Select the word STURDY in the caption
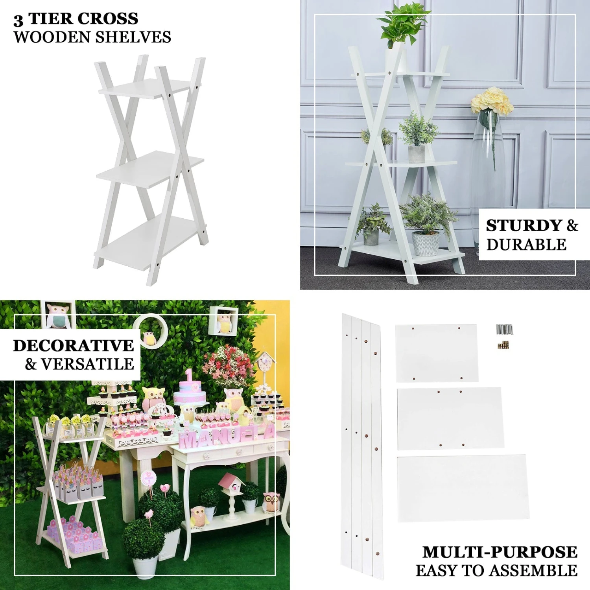[x=524, y=226]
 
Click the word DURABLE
[x=526, y=245]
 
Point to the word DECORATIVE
[x=74, y=346]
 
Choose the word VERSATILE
[x=88, y=364]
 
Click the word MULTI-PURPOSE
[x=500, y=552]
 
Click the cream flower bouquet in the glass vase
[x=492, y=101]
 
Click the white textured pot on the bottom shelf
[x=426, y=243]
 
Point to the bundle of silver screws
[x=504, y=329]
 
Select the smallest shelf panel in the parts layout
[x=437, y=353]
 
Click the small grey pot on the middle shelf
[x=416, y=153]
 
